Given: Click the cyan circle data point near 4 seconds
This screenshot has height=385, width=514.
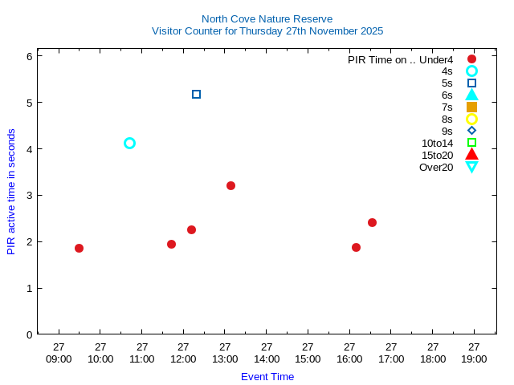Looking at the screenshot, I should (x=129, y=143).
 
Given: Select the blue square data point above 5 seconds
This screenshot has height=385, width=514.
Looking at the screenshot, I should (x=196, y=94).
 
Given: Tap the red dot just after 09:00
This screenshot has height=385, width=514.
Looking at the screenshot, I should (x=79, y=248).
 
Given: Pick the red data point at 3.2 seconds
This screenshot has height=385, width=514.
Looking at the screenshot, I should (x=230, y=185).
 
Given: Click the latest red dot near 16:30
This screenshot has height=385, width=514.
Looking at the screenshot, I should (x=372, y=222).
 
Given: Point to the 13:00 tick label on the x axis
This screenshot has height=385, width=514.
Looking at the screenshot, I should (x=225, y=353).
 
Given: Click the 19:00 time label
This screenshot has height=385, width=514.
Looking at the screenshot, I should (x=474, y=353).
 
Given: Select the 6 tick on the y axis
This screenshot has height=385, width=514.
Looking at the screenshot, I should (x=29, y=56).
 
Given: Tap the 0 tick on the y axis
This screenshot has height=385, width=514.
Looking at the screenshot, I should (x=29, y=334).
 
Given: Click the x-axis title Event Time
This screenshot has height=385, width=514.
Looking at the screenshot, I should (x=267, y=376).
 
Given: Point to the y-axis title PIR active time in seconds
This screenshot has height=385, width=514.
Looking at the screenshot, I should (x=11, y=192).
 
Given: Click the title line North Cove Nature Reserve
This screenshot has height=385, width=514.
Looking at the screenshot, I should (x=267, y=18).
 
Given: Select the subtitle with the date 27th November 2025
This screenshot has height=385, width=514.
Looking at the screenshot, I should (x=267, y=31).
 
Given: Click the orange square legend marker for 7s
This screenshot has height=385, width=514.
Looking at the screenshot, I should (x=471, y=107).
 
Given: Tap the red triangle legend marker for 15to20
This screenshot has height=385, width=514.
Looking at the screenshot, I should (x=471, y=154).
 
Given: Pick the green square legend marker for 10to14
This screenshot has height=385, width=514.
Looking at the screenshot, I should (x=471, y=143).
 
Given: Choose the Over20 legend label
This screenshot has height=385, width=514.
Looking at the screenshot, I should (x=436, y=167).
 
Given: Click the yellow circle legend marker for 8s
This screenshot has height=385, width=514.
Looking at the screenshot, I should (x=471, y=119).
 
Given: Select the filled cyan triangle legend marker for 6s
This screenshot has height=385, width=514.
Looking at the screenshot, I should (x=471, y=95).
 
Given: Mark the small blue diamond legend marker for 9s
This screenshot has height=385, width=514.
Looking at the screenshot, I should (x=471, y=131).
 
